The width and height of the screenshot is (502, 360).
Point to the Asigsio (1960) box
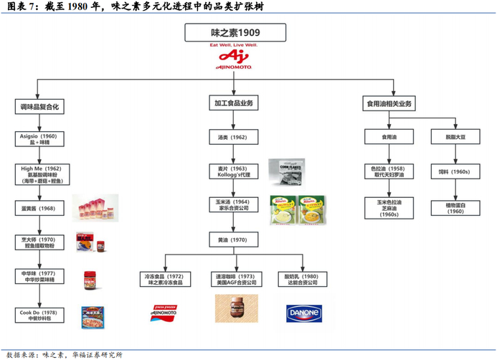[x=39, y=139]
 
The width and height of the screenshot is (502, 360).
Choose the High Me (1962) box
[x=39, y=174]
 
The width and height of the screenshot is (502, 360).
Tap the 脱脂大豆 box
[x=454, y=136]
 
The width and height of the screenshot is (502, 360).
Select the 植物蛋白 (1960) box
[x=455, y=208]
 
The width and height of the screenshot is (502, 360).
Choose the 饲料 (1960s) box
[x=454, y=172]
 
